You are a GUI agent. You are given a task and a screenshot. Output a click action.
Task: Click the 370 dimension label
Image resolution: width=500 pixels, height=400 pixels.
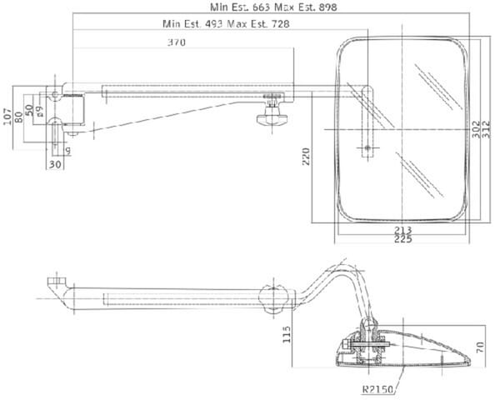(x=177, y=42)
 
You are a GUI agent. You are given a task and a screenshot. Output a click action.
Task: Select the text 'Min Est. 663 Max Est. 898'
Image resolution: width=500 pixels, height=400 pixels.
(x=273, y=7)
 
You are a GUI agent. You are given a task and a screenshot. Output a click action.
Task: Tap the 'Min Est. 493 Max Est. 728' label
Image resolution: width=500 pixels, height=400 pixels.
(x=226, y=23)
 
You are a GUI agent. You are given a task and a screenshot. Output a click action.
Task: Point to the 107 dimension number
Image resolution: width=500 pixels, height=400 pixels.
(x=7, y=117)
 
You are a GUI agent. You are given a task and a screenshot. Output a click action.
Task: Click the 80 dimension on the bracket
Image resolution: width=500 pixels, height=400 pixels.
(x=18, y=117)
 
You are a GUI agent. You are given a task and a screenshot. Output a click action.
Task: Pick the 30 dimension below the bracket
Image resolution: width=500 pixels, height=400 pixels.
(x=54, y=165)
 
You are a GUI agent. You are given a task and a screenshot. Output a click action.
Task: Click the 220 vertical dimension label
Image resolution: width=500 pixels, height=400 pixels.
(x=306, y=157)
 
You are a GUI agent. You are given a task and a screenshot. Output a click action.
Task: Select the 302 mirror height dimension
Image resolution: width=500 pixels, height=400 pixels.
(x=476, y=129)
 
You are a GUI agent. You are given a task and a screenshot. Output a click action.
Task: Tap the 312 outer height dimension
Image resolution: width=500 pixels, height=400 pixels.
(x=486, y=129)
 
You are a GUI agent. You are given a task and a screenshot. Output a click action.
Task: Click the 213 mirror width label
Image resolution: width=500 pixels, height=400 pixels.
(x=403, y=230)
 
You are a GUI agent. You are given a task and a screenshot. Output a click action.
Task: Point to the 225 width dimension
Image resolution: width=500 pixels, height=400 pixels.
(x=403, y=238)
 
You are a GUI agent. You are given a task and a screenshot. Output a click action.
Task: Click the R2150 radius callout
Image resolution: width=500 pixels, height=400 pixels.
(x=377, y=389)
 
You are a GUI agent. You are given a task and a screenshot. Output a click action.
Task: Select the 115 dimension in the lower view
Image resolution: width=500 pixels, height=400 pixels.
(x=287, y=334)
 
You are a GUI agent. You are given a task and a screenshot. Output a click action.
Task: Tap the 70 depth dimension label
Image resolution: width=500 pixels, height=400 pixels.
(x=480, y=347)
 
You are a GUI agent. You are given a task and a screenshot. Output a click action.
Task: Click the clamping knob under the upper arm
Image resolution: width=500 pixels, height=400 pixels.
(x=272, y=118)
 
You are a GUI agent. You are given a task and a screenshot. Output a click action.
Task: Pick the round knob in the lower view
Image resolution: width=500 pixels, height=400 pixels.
(x=273, y=299)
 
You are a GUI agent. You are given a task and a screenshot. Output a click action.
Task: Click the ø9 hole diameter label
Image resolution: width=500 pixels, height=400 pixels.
(x=40, y=112)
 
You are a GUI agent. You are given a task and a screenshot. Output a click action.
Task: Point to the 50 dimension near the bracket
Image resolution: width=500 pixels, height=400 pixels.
(x=29, y=110)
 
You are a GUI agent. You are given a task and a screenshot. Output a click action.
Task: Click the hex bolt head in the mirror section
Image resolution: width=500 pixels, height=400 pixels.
(x=347, y=344)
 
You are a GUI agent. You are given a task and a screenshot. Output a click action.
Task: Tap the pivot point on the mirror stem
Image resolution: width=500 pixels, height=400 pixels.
(x=367, y=147)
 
